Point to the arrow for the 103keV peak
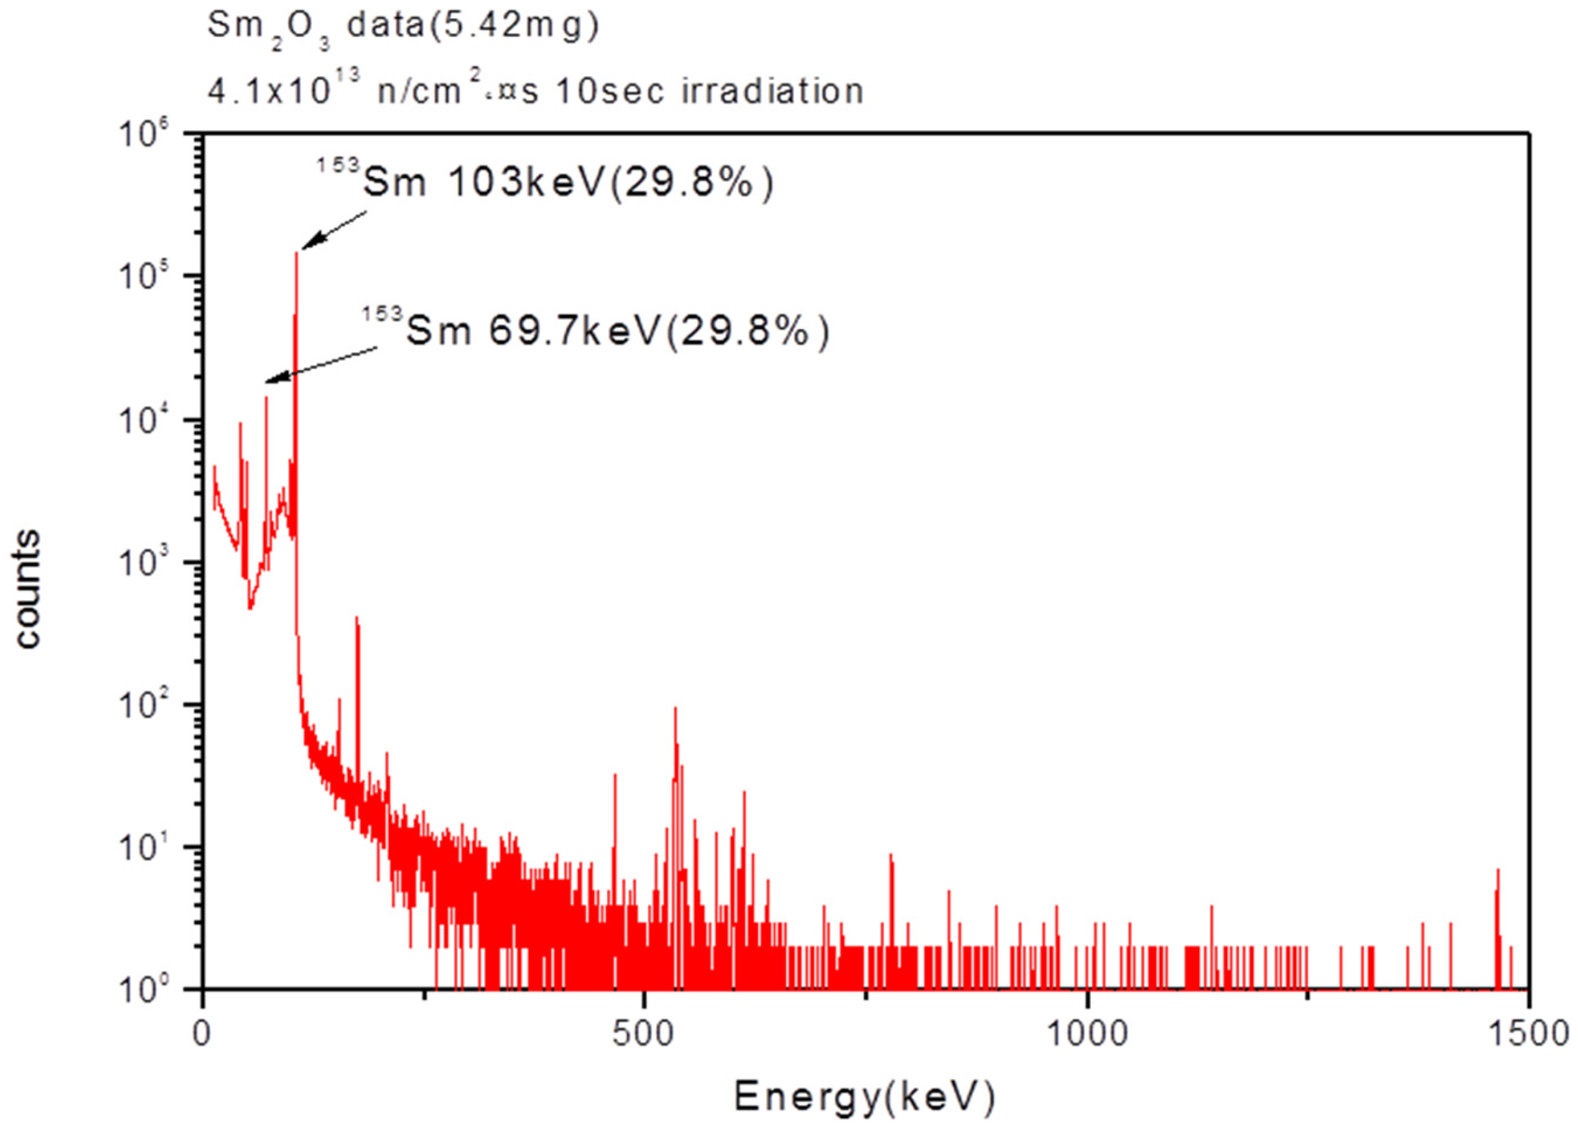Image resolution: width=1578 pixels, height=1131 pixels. pos(333,230)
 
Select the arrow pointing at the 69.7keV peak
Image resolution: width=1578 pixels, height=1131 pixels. pos(322,364)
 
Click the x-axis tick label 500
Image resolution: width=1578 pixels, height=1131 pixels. pos(643,1034)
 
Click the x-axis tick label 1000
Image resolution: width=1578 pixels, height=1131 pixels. pos(1087,1034)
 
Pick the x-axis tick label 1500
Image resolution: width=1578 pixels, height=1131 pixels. pos(1528,1034)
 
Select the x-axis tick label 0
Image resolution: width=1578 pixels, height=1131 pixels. pos(202,1034)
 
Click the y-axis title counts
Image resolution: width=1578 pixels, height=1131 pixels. pos(28,589)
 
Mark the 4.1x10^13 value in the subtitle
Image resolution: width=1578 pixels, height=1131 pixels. pos(284,91)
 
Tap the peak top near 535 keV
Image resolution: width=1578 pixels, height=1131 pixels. pos(675,710)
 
